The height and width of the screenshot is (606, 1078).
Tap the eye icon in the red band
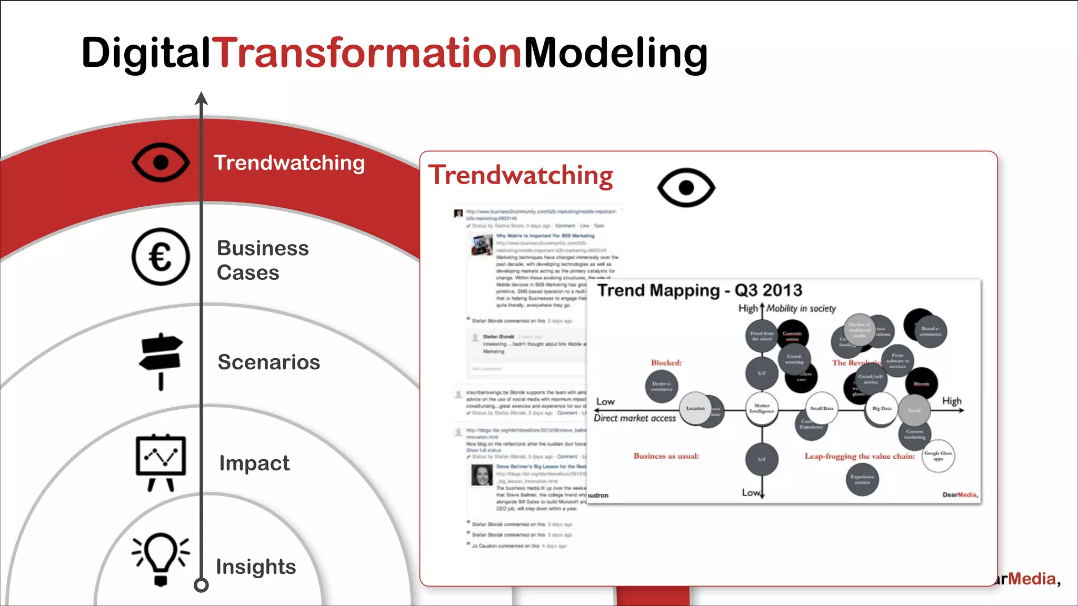161,162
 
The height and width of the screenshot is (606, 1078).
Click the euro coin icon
161,257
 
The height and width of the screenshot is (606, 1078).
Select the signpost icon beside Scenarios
161,361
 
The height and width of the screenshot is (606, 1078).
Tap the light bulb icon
161,558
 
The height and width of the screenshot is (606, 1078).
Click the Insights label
256,567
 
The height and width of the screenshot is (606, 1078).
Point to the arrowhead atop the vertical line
201,98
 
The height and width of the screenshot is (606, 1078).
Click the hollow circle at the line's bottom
201,584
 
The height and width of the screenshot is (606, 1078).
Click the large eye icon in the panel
686,187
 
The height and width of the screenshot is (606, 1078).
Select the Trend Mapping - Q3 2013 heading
700,290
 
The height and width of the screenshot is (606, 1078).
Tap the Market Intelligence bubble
762,408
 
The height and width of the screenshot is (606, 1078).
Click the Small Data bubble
821,408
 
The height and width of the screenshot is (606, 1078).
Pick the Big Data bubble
882,408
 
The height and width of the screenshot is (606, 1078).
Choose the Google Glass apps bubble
938,456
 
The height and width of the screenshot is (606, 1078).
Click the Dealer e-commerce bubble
661,386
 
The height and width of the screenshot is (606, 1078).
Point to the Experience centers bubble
862,479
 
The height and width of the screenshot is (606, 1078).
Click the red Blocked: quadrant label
666,363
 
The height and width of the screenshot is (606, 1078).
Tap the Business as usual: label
666,456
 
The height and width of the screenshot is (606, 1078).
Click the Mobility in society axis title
801,309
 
